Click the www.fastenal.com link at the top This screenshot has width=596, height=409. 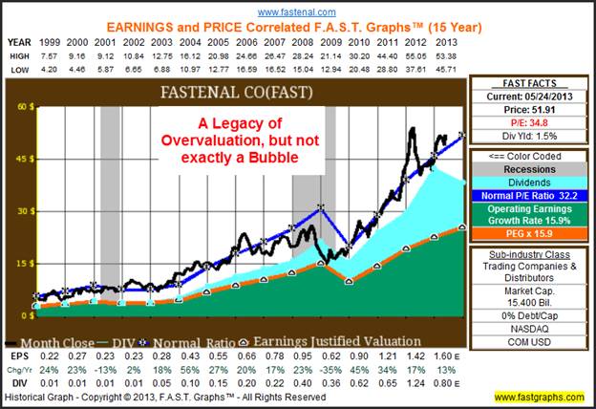click(x=297, y=11)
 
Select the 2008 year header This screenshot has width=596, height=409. click(x=302, y=42)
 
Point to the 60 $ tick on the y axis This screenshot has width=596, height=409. click(x=18, y=107)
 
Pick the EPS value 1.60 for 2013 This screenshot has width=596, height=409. click(x=450, y=354)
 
